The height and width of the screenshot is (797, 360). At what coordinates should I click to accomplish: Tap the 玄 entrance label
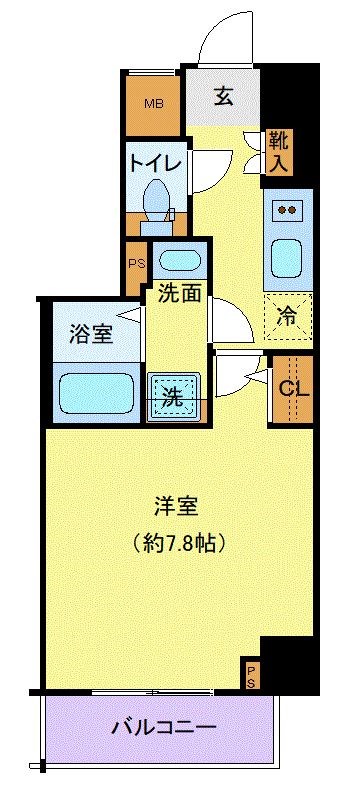click(x=224, y=98)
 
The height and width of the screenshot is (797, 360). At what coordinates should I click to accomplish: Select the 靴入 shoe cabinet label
click(x=278, y=151)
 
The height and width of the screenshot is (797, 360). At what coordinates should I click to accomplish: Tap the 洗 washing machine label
click(x=173, y=394)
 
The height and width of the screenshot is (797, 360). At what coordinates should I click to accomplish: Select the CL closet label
click(x=293, y=389)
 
